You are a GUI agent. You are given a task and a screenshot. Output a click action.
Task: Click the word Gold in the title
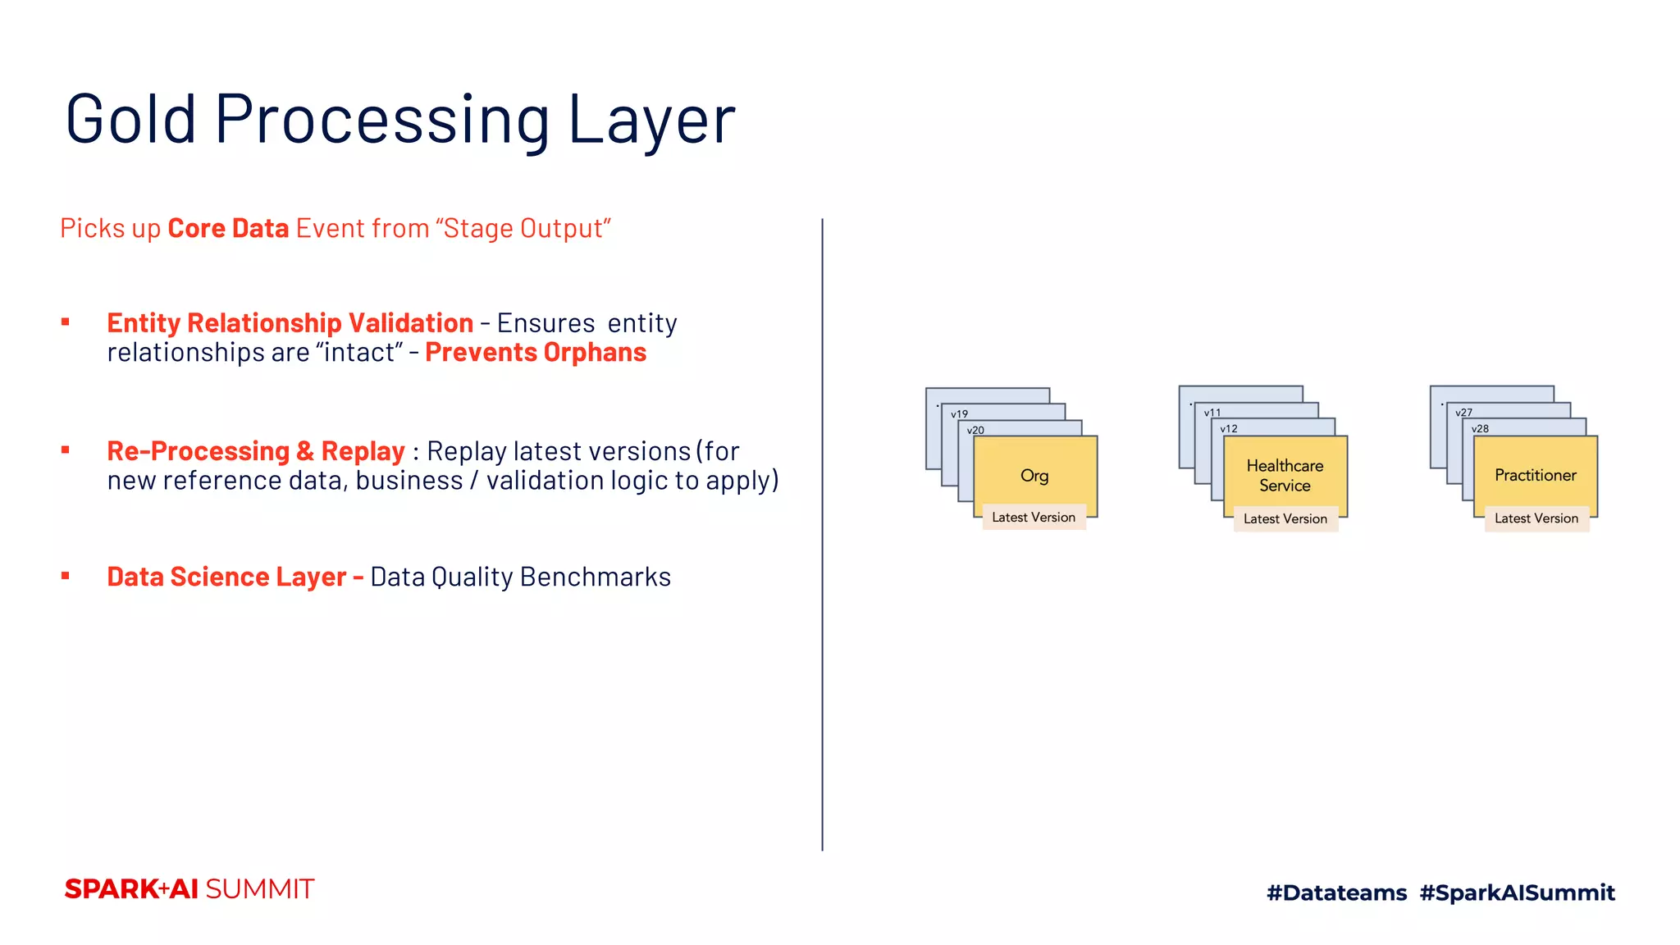point(131,120)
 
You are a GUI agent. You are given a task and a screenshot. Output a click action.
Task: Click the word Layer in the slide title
point(651,120)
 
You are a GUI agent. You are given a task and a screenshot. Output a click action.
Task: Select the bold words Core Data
point(228,228)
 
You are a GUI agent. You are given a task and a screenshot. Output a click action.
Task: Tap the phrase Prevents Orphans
point(536,353)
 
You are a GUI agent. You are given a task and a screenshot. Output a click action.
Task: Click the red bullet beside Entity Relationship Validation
point(66,322)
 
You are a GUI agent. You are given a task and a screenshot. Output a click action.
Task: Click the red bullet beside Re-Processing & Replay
point(66,450)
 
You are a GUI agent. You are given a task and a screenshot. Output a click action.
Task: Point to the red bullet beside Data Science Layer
point(66,576)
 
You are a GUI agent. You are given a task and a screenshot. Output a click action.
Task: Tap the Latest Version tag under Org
point(1034,517)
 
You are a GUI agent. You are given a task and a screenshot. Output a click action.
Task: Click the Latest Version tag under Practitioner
point(1536,518)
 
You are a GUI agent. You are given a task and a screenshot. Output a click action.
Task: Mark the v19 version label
point(960,414)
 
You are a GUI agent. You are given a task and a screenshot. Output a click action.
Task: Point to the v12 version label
point(1229,429)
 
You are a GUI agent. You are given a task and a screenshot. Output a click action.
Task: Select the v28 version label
point(1480,429)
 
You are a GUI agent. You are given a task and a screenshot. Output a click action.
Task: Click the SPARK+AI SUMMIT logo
point(189,889)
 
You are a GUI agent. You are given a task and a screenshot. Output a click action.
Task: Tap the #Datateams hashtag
point(1336,892)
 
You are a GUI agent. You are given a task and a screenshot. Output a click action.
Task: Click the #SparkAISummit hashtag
point(1517,892)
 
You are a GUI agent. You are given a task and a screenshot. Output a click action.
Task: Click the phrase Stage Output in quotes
point(526,228)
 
